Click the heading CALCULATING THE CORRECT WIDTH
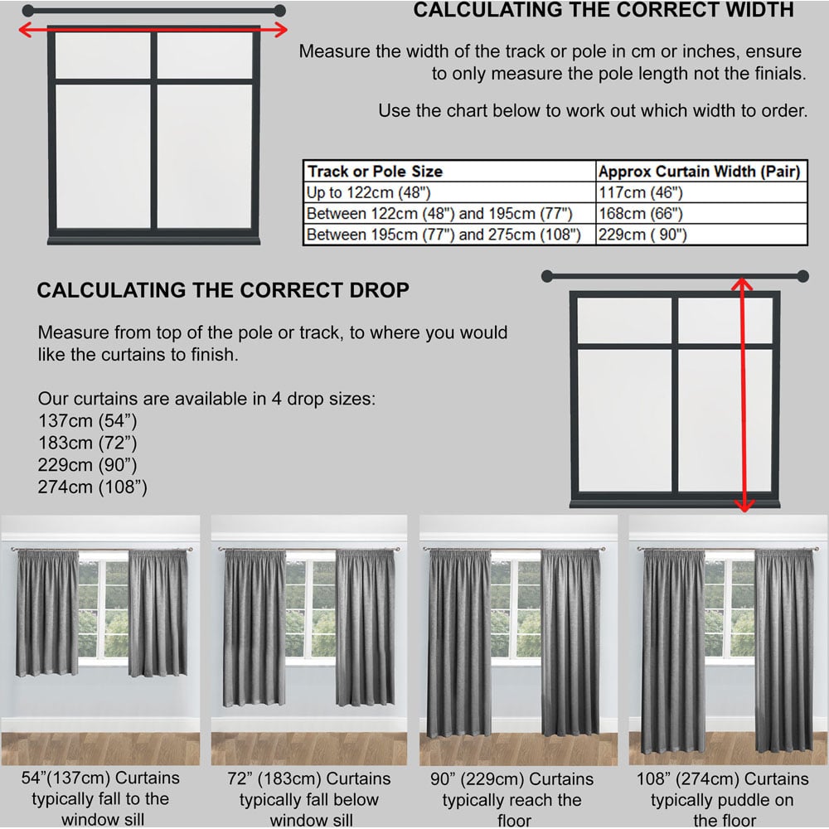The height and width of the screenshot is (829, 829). [x=603, y=11]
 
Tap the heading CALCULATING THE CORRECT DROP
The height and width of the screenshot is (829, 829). [x=223, y=291]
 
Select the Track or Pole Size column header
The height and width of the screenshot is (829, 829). [x=375, y=172]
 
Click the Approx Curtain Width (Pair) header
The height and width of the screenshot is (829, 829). [x=699, y=172]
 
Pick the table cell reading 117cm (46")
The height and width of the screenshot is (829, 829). [x=639, y=193]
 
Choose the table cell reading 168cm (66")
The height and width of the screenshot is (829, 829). [x=639, y=214]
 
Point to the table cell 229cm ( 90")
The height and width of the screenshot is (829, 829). [x=642, y=235]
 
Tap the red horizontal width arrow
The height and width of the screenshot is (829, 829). [x=153, y=30]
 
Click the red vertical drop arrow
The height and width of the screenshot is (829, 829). [x=743, y=394]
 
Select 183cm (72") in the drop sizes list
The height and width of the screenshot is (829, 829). [x=87, y=442]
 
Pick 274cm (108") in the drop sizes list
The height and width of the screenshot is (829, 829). [x=92, y=487]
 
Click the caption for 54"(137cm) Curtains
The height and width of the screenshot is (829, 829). [x=99, y=799]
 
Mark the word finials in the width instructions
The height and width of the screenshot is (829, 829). [x=773, y=73]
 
